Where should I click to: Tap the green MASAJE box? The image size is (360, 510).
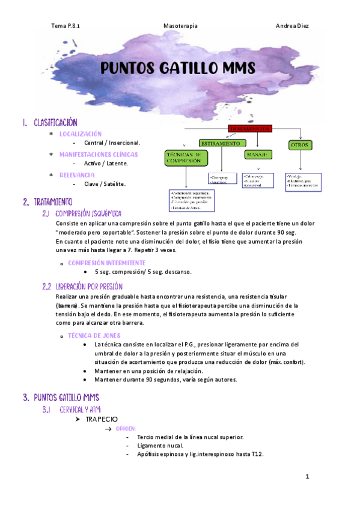tap(257, 155)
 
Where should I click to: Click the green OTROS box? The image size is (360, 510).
tap(299, 145)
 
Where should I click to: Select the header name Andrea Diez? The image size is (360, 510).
tap(292, 26)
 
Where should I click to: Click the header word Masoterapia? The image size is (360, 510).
tap(180, 26)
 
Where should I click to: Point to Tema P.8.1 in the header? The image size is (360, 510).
tap(66, 26)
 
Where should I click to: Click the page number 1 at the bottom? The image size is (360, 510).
tap(307, 477)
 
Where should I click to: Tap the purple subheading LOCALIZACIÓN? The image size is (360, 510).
tap(81, 134)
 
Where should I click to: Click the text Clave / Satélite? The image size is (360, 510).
tap(105, 184)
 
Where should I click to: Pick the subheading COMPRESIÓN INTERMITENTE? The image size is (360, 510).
tap(106, 263)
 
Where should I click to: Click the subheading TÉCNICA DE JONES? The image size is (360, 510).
tap(95, 335)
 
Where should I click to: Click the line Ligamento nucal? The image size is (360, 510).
tap(159, 445)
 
